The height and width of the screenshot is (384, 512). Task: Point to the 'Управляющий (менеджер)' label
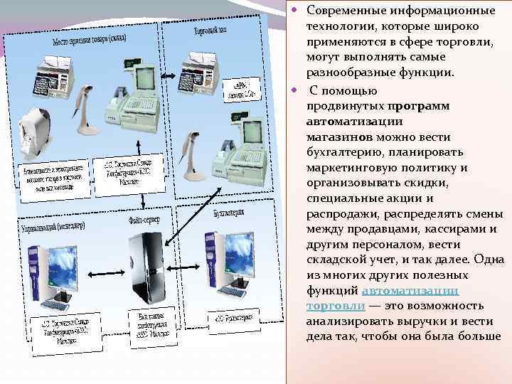(x=50, y=228)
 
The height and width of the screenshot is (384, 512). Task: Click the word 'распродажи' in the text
(x=344, y=213)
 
